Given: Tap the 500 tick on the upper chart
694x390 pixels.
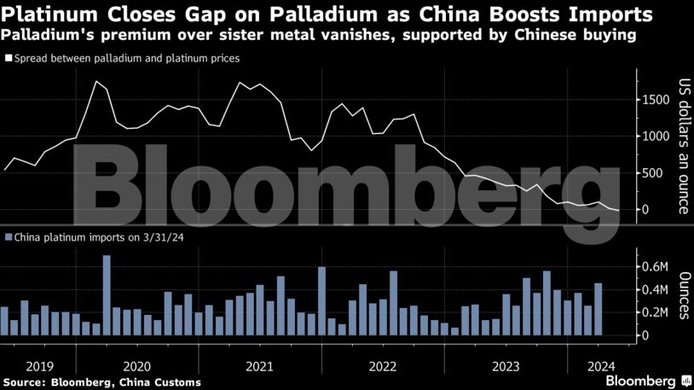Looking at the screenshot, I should click(653, 173).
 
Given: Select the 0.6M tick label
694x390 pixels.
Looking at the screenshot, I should click(656, 267).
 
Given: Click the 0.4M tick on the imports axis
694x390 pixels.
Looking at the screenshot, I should click(656, 290).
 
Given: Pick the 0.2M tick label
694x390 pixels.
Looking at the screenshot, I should click(656, 313).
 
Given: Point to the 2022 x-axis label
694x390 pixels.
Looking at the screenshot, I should click(383, 366).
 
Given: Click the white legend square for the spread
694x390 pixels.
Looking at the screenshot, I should click(9, 59).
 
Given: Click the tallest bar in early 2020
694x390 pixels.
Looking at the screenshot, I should click(107, 295).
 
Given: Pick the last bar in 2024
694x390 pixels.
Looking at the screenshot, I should click(599, 309).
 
